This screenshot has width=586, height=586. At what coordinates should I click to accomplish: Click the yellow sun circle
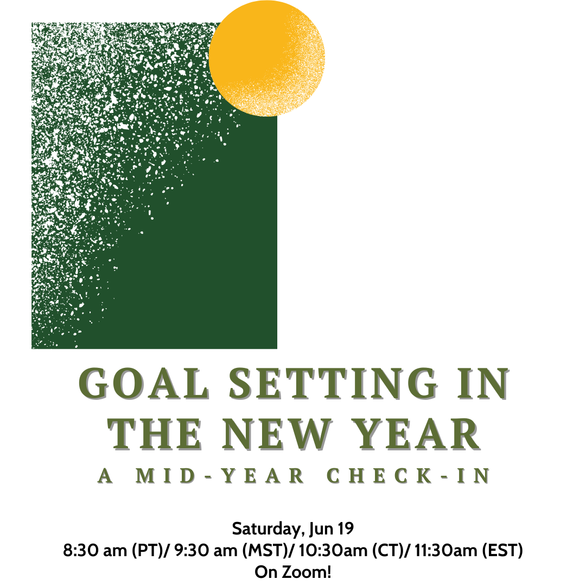click(267, 58)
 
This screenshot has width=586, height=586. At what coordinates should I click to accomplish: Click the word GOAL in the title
click(144, 384)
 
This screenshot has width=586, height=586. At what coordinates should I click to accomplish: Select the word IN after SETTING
click(483, 384)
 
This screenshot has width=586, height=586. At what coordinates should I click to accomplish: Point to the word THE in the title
click(155, 434)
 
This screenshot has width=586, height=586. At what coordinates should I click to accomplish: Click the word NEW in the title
click(277, 434)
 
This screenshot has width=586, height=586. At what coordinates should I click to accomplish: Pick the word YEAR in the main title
click(416, 434)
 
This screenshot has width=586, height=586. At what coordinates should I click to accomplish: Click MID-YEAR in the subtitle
click(220, 476)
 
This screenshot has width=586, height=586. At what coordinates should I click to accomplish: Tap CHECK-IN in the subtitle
click(408, 476)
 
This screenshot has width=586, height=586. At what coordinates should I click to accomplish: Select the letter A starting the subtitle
click(105, 476)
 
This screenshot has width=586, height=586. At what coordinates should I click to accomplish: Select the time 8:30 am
click(95, 551)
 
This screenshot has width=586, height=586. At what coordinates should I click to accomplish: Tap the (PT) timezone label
click(147, 551)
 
